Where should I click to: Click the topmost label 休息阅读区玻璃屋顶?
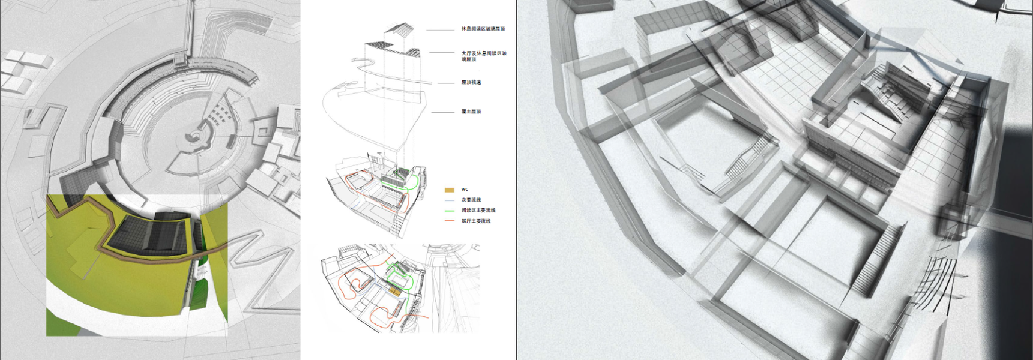pos(483,29)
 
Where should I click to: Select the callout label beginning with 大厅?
pos(484,56)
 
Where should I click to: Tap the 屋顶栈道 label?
pos(471,82)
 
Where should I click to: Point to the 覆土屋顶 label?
pos(471,112)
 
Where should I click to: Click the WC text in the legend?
pos(465,190)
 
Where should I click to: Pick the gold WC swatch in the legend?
pos(449,190)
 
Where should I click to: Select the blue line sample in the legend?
pos(449,200)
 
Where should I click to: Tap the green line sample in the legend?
pos(449,211)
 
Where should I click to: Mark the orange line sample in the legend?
pos(449,221)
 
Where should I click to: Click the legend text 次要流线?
pos(471,200)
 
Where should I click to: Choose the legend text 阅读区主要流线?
pos(478,211)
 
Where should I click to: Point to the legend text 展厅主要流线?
pos(476,221)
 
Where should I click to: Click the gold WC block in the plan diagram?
pos(393,291)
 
